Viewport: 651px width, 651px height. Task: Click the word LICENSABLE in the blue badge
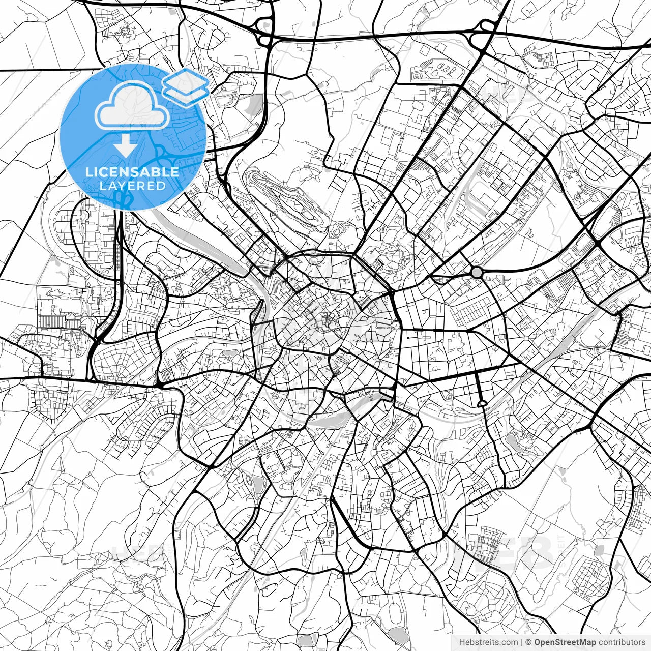pyautogui.click(x=132, y=172)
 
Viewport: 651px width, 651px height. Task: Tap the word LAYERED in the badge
pyautogui.click(x=133, y=186)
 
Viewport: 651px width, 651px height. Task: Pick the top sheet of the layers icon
pyautogui.click(x=186, y=79)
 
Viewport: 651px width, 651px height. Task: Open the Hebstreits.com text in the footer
pyautogui.click(x=489, y=642)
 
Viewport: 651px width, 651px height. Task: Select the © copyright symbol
pyautogui.click(x=528, y=642)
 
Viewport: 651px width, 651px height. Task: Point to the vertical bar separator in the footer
pyautogui.click(x=522, y=642)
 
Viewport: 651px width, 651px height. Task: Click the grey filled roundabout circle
pyautogui.click(x=477, y=273)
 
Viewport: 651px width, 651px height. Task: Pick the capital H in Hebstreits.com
pyautogui.click(x=462, y=642)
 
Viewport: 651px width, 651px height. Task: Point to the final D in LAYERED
pyautogui.click(x=161, y=186)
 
